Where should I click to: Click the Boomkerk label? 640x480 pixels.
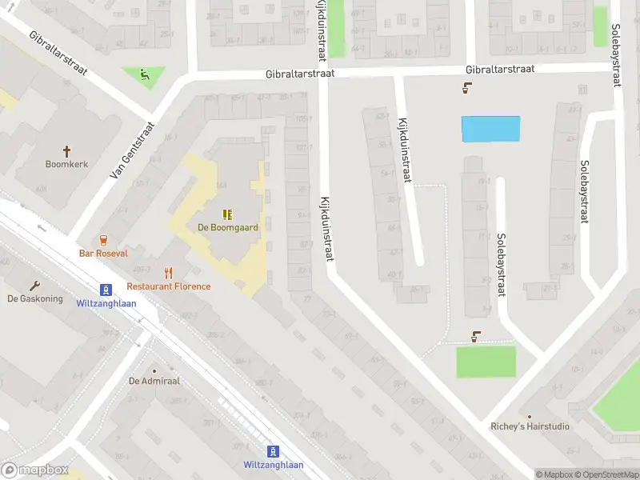66,164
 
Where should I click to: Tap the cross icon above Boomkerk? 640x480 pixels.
66,150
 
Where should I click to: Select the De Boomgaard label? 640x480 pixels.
228,227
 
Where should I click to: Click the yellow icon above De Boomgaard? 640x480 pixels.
228,214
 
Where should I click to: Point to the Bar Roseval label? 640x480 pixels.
103,253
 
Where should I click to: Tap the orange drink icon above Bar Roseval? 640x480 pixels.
103,239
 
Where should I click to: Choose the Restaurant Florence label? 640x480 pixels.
169,286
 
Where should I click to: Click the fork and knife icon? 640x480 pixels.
168,273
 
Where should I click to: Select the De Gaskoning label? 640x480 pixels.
35,298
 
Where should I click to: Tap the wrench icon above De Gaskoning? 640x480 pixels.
34,285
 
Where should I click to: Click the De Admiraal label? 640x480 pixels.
154,381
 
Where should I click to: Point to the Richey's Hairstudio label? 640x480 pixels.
530,426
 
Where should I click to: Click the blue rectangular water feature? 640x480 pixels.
490,129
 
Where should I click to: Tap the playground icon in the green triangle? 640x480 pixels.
144,75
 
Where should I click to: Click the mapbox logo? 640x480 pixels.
35,470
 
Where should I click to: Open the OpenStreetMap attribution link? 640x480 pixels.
612,475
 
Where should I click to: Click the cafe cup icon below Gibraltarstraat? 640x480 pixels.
466,88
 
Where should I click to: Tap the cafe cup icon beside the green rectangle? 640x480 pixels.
477,336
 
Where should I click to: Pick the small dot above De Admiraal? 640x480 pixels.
154,370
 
